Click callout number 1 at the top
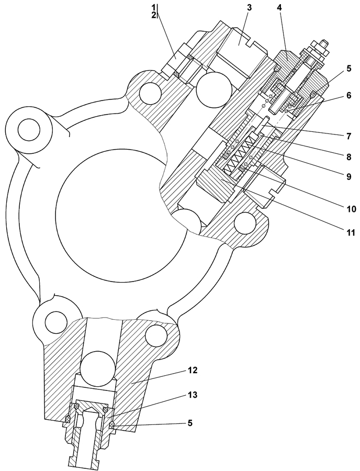pos(154,7)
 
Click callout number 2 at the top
pos(154,15)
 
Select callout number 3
pos(249,8)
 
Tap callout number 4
pos(279,8)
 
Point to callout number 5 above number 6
pos(348,68)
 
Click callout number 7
pos(348,136)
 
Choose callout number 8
pos(348,156)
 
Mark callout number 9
pos(348,177)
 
